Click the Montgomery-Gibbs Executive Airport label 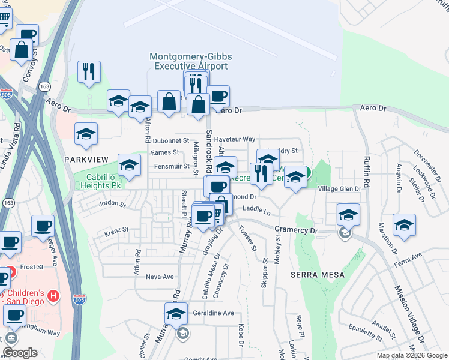coord(191,61)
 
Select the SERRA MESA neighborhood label coord(318,274)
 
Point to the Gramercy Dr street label coord(295,230)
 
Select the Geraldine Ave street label coord(213,313)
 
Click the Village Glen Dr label coord(339,188)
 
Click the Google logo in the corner coord(20,353)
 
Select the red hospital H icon coord(53,295)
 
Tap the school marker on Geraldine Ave coord(176,313)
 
